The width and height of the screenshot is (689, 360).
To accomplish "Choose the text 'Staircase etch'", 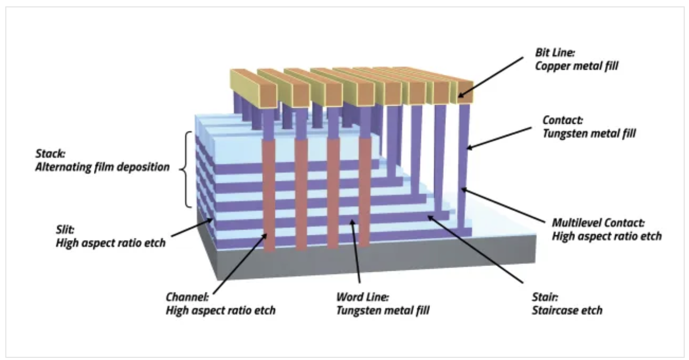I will (x=567, y=310).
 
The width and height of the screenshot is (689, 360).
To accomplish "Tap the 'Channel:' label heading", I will (x=187, y=297).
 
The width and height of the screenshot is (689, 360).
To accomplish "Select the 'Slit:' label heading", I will (x=65, y=230).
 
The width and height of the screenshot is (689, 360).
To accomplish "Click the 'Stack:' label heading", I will (x=48, y=155).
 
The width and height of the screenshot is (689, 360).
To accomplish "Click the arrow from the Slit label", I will (x=192, y=230).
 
